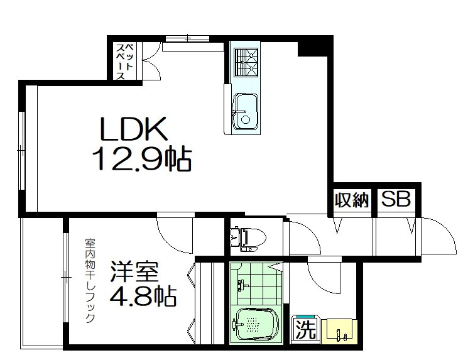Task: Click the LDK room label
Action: pyautogui.click(x=133, y=129)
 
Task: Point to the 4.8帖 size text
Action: pyautogui.click(x=143, y=295)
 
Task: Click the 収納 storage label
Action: pyautogui.click(x=351, y=200)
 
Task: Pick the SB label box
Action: pyautogui.click(x=396, y=200)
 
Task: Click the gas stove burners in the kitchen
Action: pyautogui.click(x=246, y=62)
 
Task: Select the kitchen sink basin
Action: pyautogui.click(x=246, y=111)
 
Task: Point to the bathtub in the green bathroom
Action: pyautogui.click(x=254, y=324)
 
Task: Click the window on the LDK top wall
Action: pyautogui.click(x=187, y=39)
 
